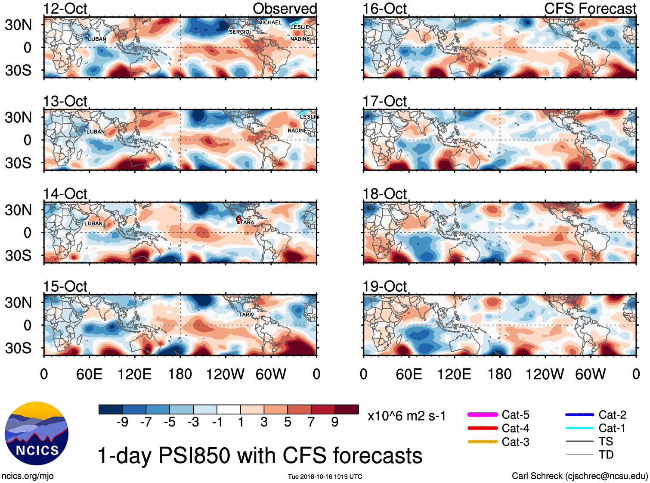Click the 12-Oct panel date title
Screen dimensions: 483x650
coord(65,9)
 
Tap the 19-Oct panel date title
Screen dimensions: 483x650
coord(384,286)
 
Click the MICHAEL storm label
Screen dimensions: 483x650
coord(270,22)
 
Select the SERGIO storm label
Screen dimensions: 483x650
coord(239,32)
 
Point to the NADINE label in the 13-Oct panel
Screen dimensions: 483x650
coord(297,131)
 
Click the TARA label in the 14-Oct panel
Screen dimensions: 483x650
coord(247,222)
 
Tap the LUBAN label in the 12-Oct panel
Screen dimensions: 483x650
coord(97,39)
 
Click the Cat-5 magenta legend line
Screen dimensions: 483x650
coord(483,414)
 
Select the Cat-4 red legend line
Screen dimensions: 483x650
coord(483,428)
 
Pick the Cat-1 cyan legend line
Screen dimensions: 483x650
coord(579,428)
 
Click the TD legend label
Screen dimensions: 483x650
coord(606,455)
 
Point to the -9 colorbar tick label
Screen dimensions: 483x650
coord(123,422)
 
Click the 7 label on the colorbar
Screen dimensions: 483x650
coord(311,422)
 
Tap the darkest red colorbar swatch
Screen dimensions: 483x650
coord(347,409)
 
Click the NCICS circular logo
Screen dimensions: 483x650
coord(37,433)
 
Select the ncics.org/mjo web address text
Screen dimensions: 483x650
coord(28,476)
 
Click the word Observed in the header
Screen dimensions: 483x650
coord(285,9)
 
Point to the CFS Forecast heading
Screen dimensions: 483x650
coord(590,9)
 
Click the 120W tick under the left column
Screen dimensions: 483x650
coord(225,374)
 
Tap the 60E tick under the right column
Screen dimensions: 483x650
coord(409,374)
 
